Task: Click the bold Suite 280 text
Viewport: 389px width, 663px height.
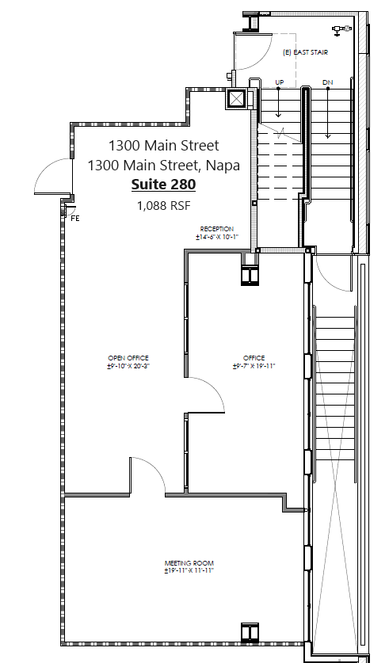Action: [x=163, y=185]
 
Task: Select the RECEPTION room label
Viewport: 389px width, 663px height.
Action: [x=216, y=229]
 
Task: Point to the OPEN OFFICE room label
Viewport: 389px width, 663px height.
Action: [x=128, y=357]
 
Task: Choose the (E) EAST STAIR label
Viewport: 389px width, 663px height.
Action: [x=305, y=53]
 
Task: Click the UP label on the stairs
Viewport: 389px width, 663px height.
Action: [x=279, y=82]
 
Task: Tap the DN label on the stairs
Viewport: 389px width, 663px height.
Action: [x=327, y=82]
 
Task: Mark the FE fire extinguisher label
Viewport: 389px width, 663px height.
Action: [x=74, y=218]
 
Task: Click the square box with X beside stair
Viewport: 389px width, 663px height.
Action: [x=237, y=99]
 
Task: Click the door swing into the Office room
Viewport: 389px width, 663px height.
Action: [x=208, y=394]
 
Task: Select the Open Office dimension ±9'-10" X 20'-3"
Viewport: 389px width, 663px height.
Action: [x=128, y=366]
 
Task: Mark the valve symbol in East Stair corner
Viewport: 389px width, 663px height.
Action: [x=341, y=30]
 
